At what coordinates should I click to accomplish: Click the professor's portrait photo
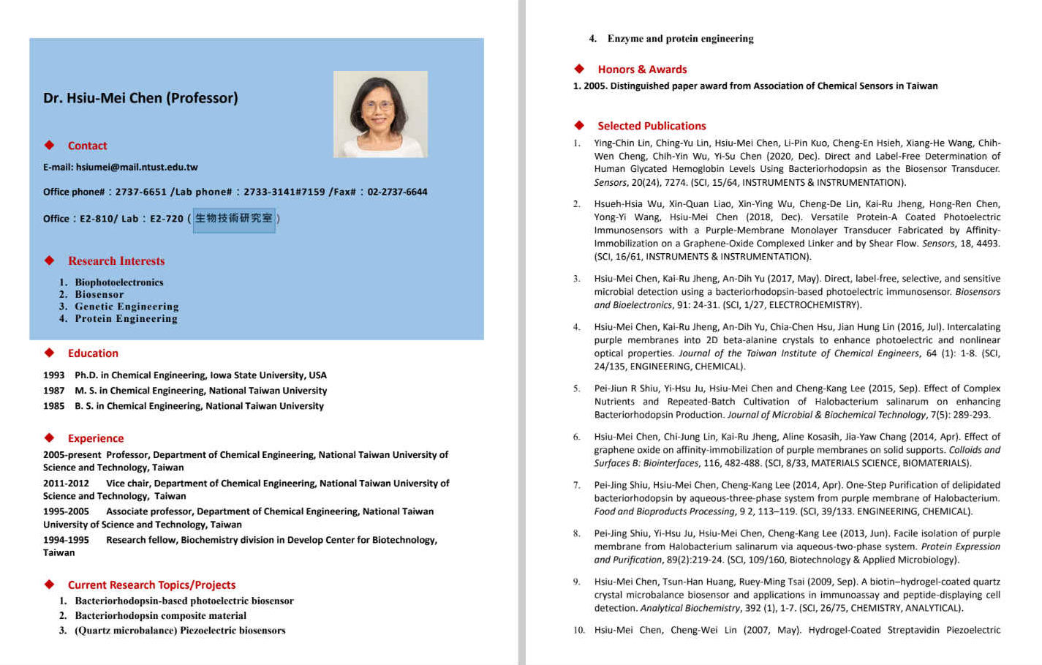click(380, 114)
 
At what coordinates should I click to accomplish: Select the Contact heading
click(87, 146)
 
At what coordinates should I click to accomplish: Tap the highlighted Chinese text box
click(234, 218)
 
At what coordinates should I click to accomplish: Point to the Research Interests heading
click(116, 261)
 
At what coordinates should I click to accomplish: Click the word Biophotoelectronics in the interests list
click(119, 282)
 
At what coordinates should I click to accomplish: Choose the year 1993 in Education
click(54, 375)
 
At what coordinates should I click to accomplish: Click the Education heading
click(93, 353)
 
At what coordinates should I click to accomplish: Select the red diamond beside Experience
click(50, 437)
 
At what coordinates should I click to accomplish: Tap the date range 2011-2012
click(66, 484)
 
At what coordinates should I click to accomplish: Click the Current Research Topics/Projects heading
click(151, 585)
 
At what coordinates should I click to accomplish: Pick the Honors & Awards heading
click(642, 69)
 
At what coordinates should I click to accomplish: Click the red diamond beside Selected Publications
click(579, 125)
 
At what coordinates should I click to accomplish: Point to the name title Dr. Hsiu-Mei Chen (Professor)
click(140, 98)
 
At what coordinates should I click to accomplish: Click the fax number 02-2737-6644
click(397, 192)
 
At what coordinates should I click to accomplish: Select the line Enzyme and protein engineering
click(680, 39)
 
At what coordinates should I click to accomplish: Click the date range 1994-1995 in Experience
click(66, 540)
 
